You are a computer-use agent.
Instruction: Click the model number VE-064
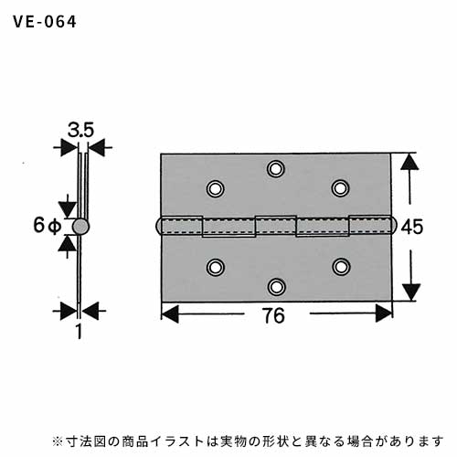point(45,22)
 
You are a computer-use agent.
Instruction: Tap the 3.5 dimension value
point(80,130)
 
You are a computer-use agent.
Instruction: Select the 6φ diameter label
point(48,226)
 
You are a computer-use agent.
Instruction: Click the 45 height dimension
point(411,227)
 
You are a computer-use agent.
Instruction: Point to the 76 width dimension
point(274,315)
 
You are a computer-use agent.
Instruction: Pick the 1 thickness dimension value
point(80,331)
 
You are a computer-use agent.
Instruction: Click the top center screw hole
point(276,168)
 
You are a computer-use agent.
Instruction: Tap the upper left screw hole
point(216,188)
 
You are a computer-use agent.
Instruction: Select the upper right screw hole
point(340,188)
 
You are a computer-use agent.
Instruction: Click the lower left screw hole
point(216,267)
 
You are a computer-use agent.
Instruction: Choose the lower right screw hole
point(341,267)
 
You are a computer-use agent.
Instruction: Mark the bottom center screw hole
point(277,287)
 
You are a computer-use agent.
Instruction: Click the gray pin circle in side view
point(80,227)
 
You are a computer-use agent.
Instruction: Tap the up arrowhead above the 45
point(409,162)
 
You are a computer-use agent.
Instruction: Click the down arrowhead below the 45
point(411,292)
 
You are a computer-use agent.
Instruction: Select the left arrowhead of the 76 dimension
point(170,314)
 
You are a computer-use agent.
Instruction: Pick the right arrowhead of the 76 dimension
point(384,314)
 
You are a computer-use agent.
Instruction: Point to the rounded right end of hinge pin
point(393,226)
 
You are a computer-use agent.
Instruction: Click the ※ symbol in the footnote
point(58,441)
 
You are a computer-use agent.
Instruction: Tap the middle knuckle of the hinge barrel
point(276,226)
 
